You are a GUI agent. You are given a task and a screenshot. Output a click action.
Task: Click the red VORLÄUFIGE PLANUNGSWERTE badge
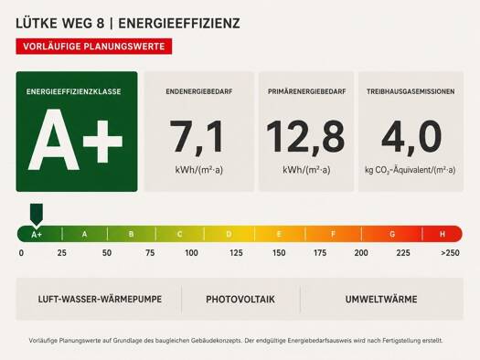tap(93, 47)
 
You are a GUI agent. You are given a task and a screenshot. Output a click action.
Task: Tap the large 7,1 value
tap(197, 137)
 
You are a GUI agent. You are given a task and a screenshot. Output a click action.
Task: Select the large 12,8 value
tap(305, 137)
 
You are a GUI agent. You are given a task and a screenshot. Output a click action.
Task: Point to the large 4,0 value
tap(411, 137)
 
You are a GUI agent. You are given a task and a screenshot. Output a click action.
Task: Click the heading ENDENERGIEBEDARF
tap(199, 91)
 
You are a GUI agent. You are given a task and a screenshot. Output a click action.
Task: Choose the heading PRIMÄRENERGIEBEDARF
tap(306, 91)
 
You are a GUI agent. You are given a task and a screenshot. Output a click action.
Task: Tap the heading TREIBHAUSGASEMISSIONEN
tap(411, 91)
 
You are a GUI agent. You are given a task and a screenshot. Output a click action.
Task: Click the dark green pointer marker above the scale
tap(37, 215)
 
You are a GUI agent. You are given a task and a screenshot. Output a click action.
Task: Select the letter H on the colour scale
tap(443, 234)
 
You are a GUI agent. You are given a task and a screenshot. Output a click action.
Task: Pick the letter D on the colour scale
tap(229, 234)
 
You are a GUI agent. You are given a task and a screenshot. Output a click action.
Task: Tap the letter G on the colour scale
tap(392, 234)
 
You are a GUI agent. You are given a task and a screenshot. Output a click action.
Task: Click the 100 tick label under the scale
tap(191, 253)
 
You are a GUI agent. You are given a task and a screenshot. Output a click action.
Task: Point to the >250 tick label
tap(451, 253)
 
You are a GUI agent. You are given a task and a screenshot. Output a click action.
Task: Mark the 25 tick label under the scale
tap(61, 253)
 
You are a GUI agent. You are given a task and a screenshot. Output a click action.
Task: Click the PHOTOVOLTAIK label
tap(240, 299)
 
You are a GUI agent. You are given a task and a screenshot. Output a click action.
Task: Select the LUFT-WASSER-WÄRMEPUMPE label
tap(100, 299)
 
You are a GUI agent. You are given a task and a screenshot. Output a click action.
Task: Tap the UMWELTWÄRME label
tap(381, 299)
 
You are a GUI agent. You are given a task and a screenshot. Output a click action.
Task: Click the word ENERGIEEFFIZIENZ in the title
tap(179, 23)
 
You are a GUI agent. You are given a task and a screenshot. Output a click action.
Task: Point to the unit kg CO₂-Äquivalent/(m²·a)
tap(411, 170)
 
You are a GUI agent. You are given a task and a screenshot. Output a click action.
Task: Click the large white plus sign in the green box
tap(102, 141)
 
